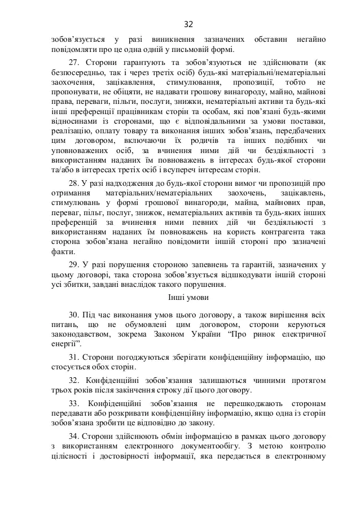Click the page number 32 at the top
(188, 24)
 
